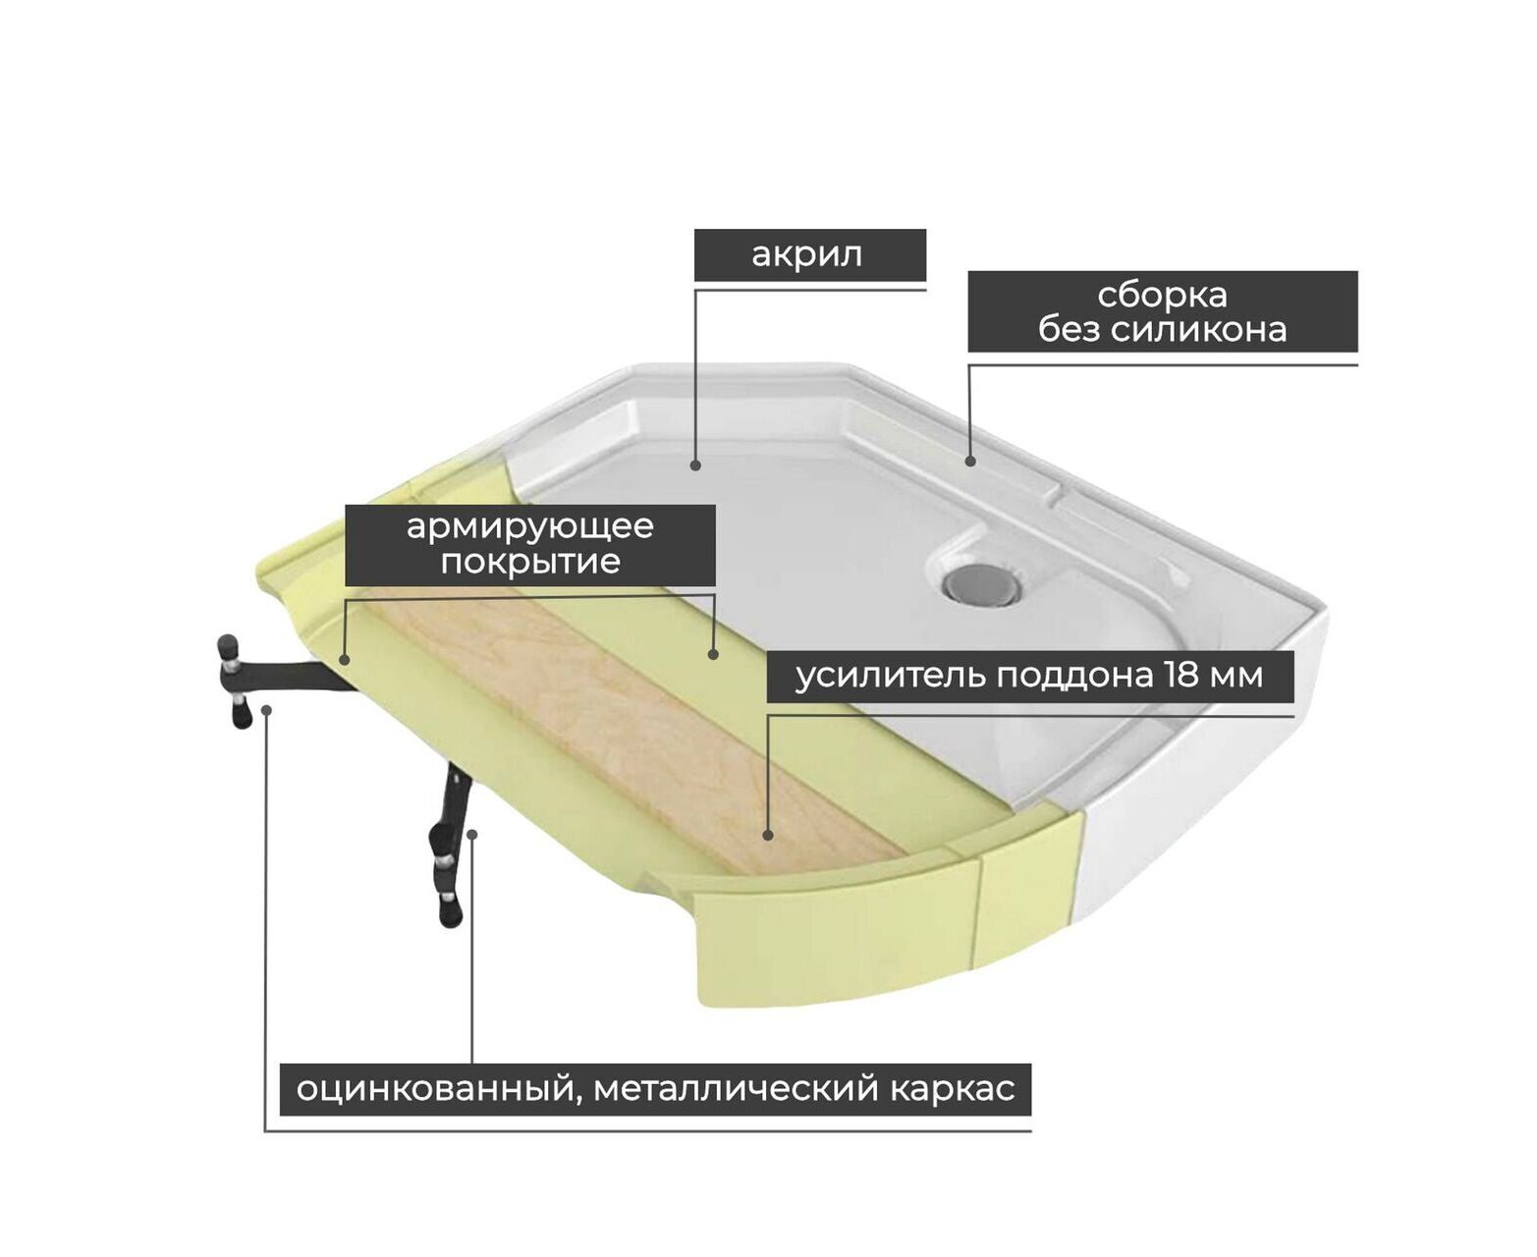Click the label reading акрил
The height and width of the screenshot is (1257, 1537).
pos(806,255)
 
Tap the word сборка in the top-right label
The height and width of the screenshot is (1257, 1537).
pos(1162,296)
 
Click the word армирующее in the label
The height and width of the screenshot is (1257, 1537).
pos(529,527)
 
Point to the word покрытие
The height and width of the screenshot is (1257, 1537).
pos(530,561)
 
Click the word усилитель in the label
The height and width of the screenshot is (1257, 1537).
pos(891,676)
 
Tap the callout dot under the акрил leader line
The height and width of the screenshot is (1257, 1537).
pos(695,465)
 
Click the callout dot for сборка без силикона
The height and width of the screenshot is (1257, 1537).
pos(970,461)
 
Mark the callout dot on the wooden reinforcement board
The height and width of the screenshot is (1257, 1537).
pos(767,836)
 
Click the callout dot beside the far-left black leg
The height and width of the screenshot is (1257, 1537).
pos(267,710)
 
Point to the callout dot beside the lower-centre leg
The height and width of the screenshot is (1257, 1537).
pos(472,835)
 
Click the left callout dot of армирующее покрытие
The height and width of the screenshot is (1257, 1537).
pos(345,660)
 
